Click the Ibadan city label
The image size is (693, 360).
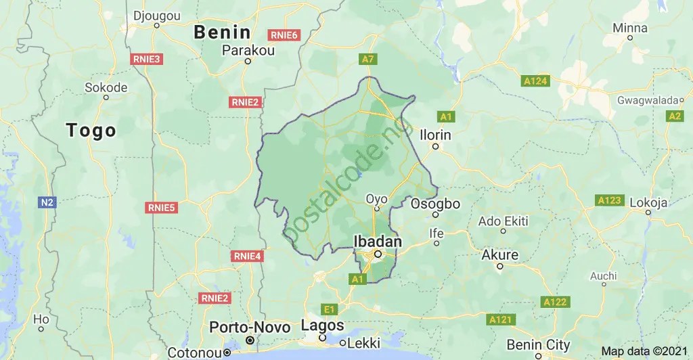coord(378,242)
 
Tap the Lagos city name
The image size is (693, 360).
coord(322,325)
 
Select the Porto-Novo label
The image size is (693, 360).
coord(250,328)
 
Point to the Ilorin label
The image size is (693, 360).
coord(436,135)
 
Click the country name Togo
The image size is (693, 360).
coord(91,131)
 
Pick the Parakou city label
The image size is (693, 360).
coord(248,50)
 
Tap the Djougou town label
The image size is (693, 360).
coord(156,15)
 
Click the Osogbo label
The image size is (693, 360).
coord(435,204)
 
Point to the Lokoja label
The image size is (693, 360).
coord(648,202)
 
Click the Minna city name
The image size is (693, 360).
coord(629,28)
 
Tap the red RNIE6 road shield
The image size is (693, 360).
coord(284,35)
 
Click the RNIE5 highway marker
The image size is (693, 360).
coord(162,207)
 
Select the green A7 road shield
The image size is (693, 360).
coord(367,60)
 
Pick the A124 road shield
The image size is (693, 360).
coord(535,81)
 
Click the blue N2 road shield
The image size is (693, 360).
coord(47,202)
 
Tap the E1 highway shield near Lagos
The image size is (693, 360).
coord(329,309)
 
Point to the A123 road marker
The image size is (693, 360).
coord(610,200)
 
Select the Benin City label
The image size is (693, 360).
coord(539,344)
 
